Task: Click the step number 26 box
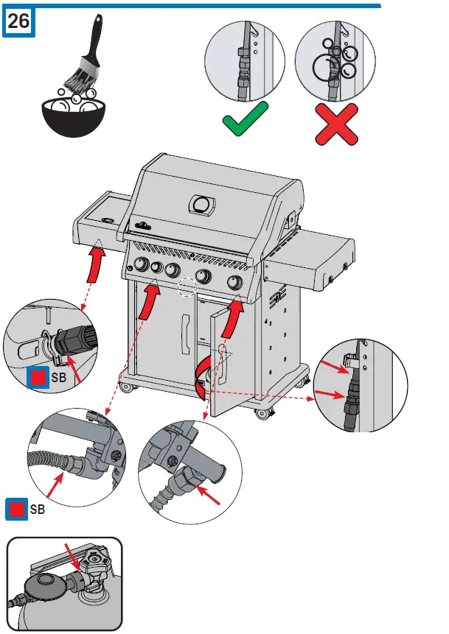(x=18, y=21)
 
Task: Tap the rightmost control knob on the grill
(x=236, y=283)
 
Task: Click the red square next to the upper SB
(x=35, y=378)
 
